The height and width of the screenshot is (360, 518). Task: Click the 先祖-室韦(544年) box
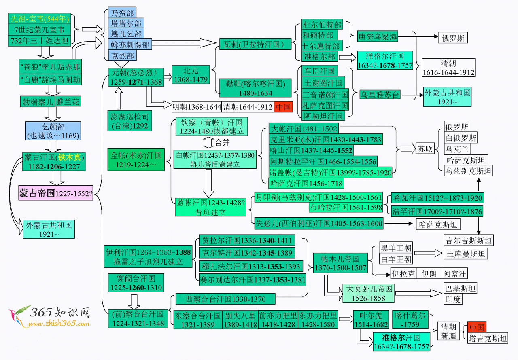[40, 19]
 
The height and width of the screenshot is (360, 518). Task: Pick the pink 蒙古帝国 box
[56, 194]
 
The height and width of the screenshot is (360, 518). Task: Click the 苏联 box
[425, 149]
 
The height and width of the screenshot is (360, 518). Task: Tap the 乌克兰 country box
[458, 149]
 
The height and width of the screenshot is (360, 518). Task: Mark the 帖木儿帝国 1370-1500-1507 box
[336, 263]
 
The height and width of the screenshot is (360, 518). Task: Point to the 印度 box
[452, 300]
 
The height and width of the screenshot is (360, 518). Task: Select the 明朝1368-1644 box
[197, 107]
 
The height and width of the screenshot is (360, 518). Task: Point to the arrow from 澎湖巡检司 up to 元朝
[119, 98]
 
